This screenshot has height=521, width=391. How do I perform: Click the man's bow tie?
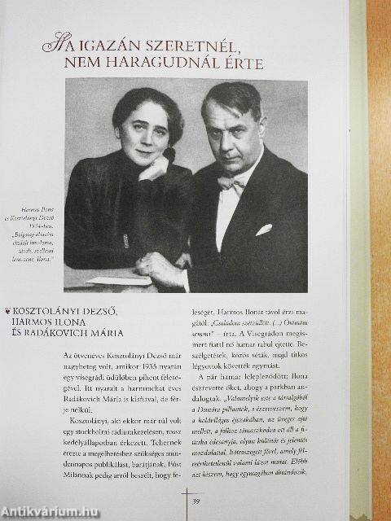[231, 183]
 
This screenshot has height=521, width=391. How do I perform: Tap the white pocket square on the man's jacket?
[263, 230]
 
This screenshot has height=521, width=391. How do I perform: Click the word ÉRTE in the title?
[240, 63]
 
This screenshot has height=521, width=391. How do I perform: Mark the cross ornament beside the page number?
[186, 500]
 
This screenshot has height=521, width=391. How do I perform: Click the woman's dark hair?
[138, 103]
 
